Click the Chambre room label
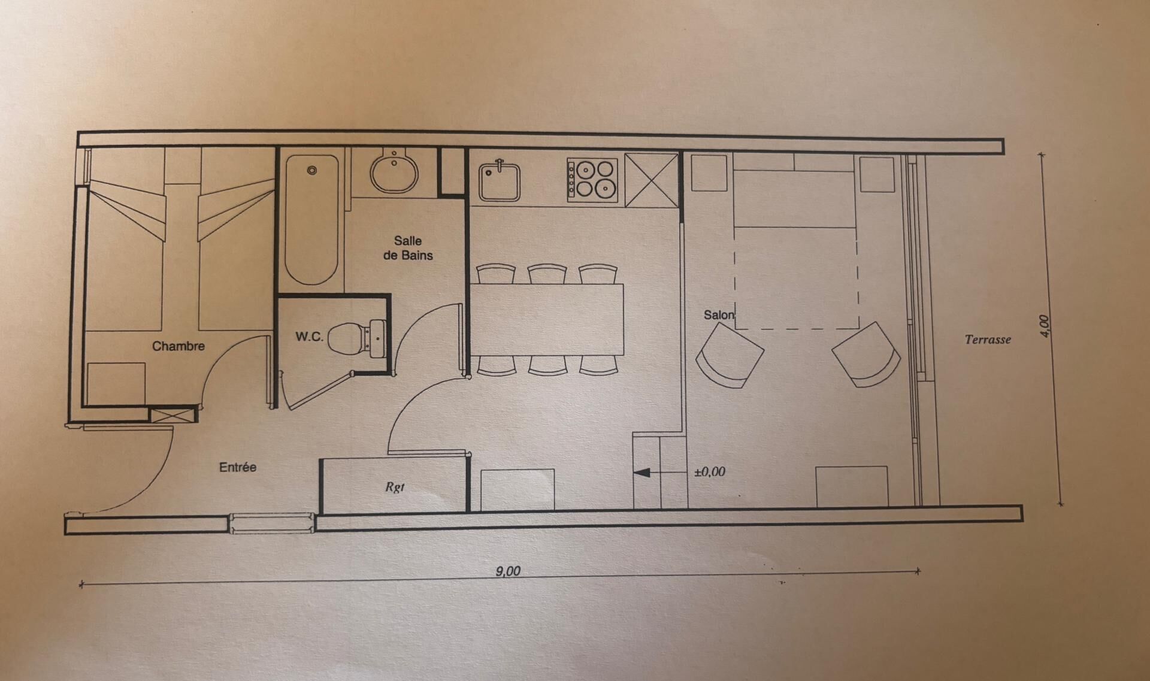coord(178,346)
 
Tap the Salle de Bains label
coord(408,248)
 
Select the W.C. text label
coord(309,337)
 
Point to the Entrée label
coord(238,467)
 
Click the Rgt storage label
coord(395,487)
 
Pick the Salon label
coord(719,315)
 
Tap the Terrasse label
coord(988,340)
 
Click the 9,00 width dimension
coord(508,571)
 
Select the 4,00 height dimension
coord(1044,326)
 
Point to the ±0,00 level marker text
coord(710,472)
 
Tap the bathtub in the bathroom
coord(311,220)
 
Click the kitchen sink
coord(500,181)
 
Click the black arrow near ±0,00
coord(641,473)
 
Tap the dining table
coord(547,319)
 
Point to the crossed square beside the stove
coord(651,180)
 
